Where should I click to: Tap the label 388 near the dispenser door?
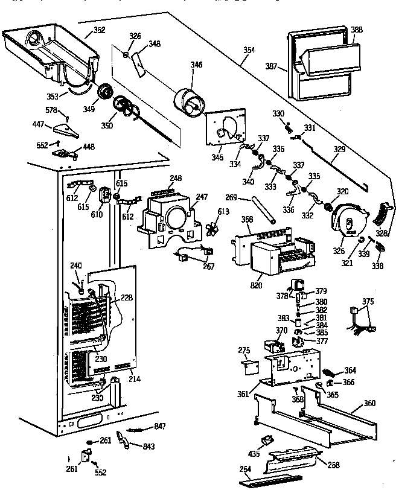point(357,29)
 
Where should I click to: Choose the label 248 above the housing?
point(176,178)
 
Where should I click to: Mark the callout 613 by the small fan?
point(223,211)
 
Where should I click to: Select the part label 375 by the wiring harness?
point(368,301)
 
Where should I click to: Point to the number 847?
point(159,426)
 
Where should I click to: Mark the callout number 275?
point(244,351)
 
